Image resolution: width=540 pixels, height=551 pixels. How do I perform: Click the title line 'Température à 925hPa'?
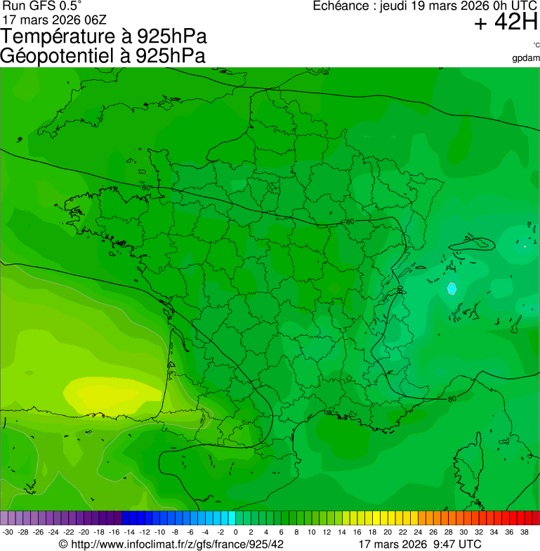point(103,37)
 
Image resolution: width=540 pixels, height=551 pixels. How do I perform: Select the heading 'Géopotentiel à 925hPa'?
point(103,56)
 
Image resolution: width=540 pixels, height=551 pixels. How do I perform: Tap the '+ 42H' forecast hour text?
point(506,23)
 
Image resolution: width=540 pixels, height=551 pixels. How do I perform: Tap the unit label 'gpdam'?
point(526,57)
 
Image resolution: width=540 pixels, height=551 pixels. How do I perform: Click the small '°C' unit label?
point(536,46)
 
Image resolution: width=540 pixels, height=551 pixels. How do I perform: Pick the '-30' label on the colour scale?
point(8,532)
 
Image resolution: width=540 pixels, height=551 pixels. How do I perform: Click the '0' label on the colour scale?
point(235,532)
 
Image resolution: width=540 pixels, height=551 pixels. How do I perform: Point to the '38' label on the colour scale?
point(524,532)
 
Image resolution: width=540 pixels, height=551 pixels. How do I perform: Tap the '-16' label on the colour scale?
point(114,532)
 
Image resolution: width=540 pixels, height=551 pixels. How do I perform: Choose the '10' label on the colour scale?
point(311,532)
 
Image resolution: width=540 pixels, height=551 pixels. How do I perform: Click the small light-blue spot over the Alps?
point(452,287)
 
